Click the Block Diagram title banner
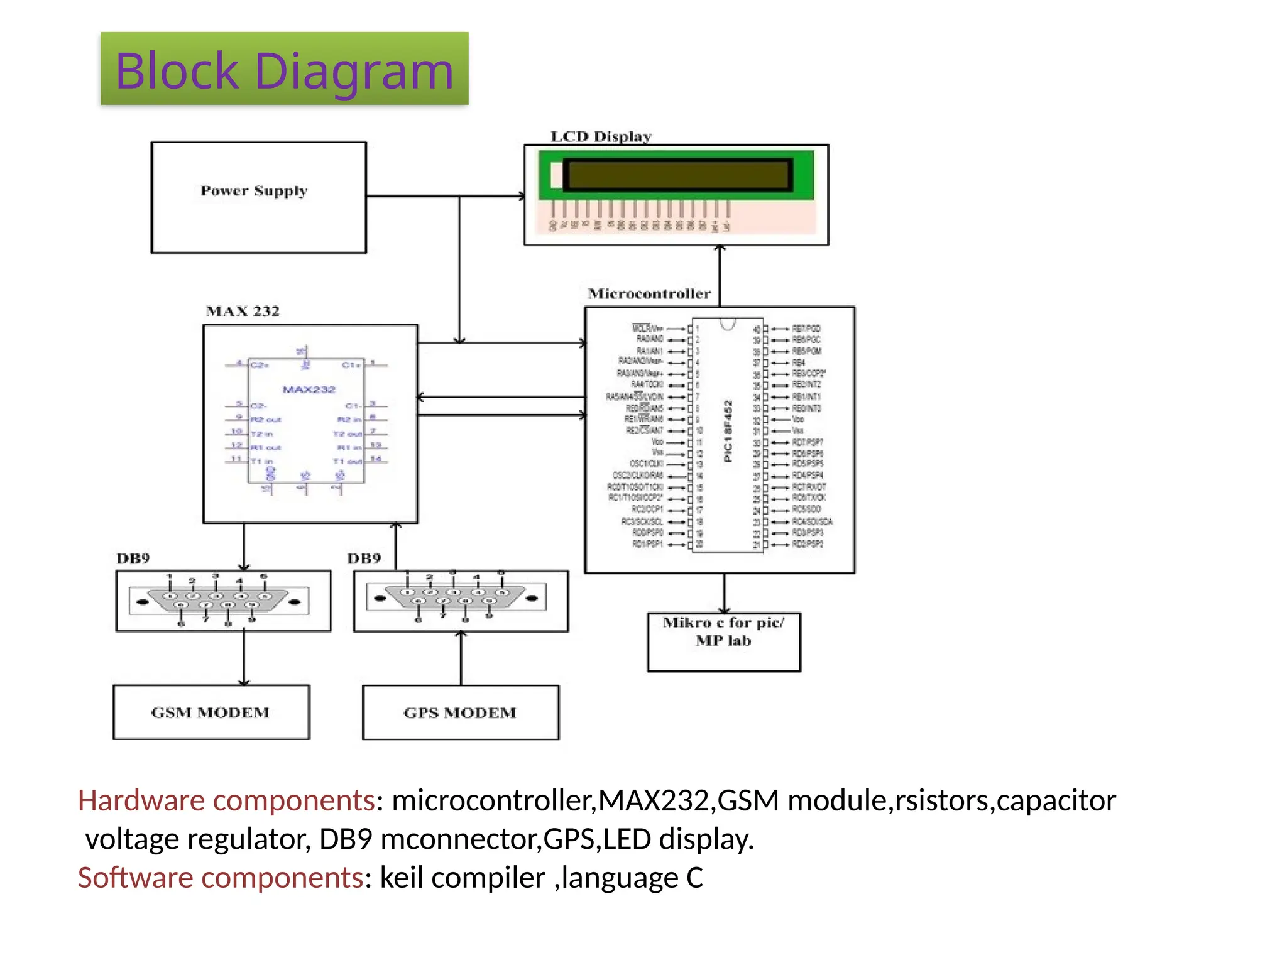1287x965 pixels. (x=284, y=69)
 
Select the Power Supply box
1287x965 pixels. (x=258, y=197)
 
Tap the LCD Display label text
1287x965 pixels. (x=601, y=136)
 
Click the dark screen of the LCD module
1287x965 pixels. (x=677, y=175)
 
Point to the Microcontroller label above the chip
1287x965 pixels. (x=649, y=293)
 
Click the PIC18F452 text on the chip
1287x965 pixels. (x=728, y=431)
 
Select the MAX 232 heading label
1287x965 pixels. (x=243, y=311)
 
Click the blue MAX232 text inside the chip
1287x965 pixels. (x=309, y=390)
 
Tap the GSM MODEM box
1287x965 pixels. (x=211, y=712)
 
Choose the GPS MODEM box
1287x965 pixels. (x=460, y=712)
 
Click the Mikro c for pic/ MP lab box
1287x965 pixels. (x=723, y=641)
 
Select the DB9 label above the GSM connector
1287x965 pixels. (x=133, y=559)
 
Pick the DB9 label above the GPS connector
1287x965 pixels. (x=364, y=559)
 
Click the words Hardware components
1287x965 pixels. (x=226, y=800)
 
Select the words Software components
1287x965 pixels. (x=220, y=878)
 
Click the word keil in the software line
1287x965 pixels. (x=401, y=878)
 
